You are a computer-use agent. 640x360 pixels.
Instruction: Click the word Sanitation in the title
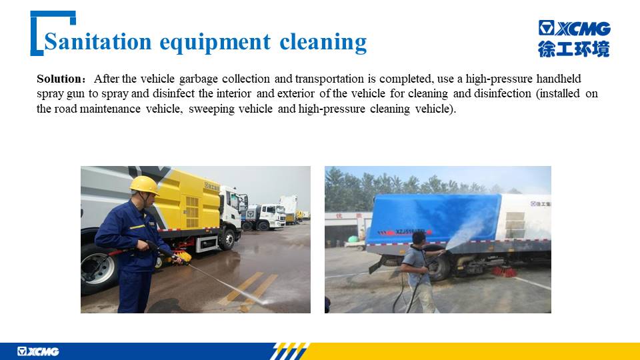tap(97, 41)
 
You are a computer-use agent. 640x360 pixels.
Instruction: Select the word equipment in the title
tap(215, 43)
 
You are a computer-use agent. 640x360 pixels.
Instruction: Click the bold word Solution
tap(60, 79)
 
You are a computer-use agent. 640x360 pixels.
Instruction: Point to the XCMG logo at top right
tap(574, 28)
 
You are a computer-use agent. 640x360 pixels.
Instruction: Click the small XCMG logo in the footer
tap(38, 351)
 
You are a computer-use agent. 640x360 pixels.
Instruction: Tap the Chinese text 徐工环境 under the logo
tap(573, 49)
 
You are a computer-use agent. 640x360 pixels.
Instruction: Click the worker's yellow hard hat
tap(144, 185)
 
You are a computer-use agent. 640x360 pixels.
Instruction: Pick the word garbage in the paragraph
tap(199, 79)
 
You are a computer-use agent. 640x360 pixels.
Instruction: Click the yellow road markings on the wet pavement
tap(248, 290)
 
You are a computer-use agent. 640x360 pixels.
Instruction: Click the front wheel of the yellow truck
tap(227, 239)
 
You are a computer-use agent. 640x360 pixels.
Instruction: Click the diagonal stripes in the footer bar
tap(288, 351)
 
